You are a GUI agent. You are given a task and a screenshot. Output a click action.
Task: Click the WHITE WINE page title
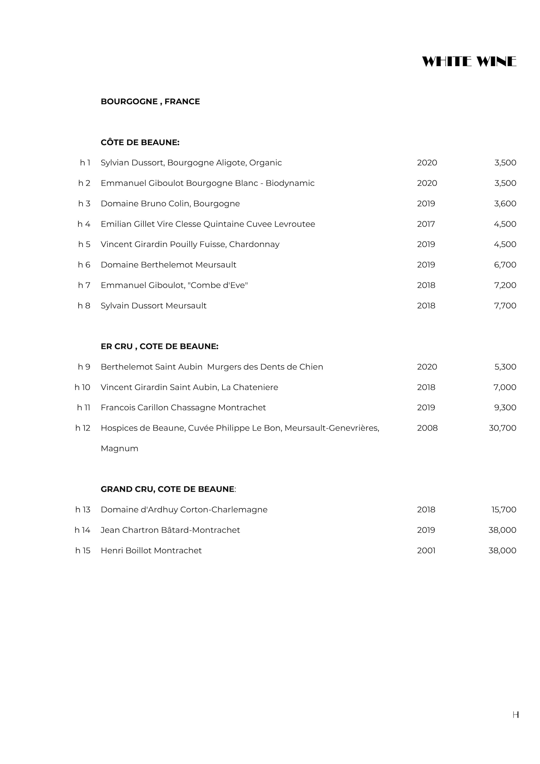469,62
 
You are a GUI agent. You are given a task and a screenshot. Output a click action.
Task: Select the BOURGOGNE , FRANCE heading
150,101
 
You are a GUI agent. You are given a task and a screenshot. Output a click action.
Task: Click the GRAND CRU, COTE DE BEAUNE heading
167,489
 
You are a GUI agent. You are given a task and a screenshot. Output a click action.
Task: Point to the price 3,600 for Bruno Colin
505,204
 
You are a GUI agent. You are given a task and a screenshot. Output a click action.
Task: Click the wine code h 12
82,428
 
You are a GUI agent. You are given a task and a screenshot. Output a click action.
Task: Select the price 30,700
502,428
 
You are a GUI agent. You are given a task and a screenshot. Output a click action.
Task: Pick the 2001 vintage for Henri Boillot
426,551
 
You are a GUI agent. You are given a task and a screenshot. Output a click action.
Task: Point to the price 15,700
503,510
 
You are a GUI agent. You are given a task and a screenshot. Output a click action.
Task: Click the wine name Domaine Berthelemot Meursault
168,265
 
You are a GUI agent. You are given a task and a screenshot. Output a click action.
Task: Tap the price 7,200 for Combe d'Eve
505,285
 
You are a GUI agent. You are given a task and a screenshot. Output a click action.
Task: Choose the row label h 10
82,387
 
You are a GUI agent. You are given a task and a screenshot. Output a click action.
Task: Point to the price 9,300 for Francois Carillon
505,408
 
